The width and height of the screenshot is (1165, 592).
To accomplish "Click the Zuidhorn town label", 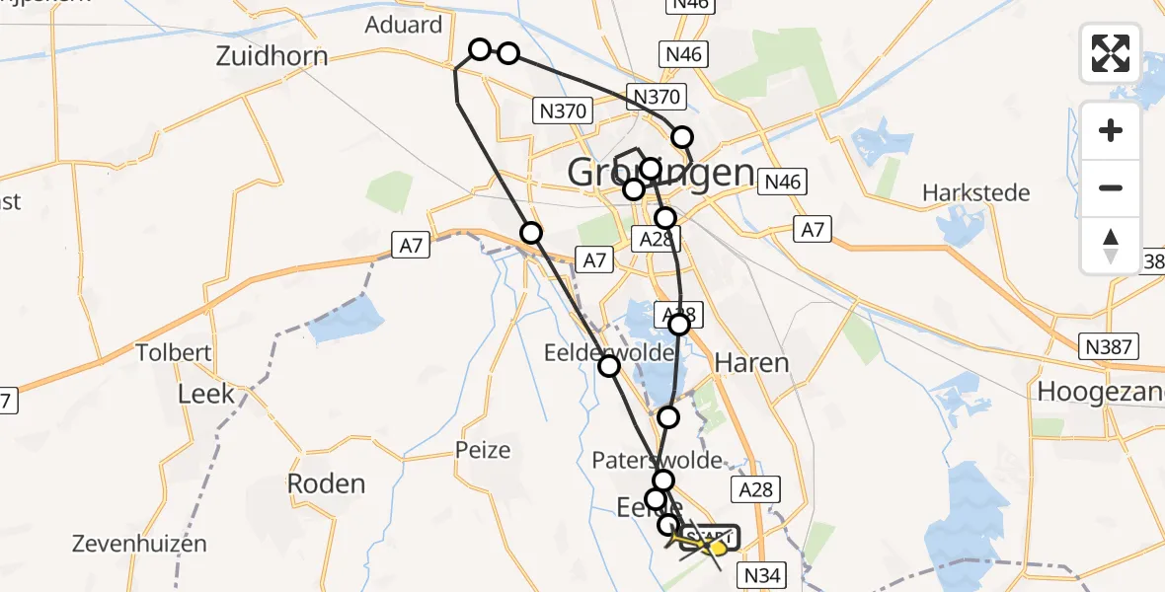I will point(272,55).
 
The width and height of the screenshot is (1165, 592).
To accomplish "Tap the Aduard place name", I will point(403,25).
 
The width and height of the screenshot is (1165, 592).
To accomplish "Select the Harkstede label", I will point(975,192).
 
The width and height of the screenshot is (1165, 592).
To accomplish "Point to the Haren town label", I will point(751,363).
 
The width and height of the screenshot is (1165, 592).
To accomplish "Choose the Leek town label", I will point(205,394).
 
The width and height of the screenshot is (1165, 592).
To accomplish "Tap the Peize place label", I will point(483,450).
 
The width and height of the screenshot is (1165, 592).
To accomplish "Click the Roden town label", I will point(326,483).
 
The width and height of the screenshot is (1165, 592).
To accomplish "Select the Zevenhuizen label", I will point(140,543).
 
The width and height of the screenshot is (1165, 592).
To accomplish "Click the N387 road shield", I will point(1110,346).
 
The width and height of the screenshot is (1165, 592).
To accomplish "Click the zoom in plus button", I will point(1111,130).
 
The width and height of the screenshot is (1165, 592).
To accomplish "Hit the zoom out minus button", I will point(1111,187).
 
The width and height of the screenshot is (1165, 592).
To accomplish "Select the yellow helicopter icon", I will point(718,546).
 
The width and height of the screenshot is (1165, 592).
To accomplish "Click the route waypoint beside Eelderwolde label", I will point(609,366).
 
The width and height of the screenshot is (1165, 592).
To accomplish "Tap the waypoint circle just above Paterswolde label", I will point(668,417).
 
